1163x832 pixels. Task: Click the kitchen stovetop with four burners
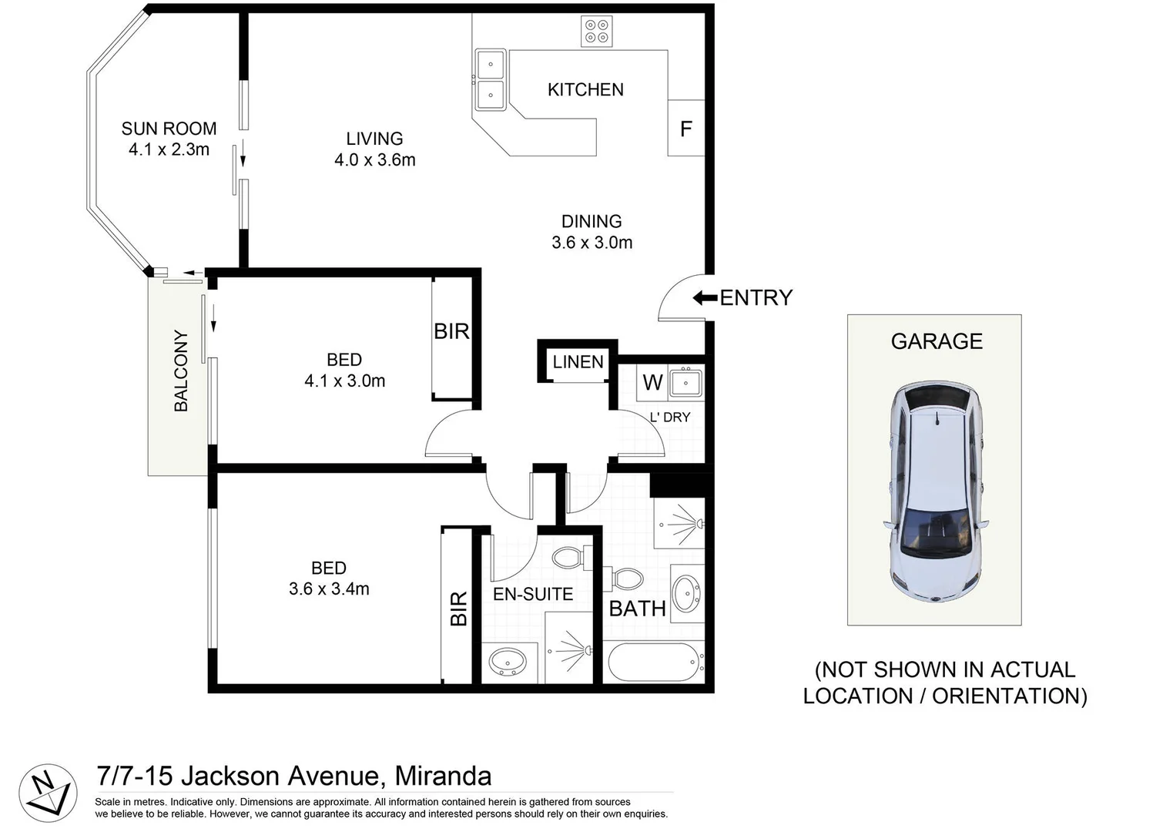coord(597,31)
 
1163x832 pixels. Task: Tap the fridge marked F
coord(685,129)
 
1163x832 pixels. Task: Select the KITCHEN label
coord(585,89)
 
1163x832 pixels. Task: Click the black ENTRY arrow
coord(705,297)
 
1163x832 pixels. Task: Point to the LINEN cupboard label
coord(578,361)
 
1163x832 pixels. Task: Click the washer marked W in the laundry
coord(652,382)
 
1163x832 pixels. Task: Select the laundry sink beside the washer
coord(685,382)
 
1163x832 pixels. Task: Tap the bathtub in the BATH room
coord(654,662)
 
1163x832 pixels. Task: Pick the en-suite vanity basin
coord(508,661)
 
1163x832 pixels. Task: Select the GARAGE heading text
coord(937,341)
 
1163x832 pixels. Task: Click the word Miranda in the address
coord(442,775)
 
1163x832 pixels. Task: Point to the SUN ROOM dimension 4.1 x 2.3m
coord(169,149)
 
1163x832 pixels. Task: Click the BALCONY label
coord(181,371)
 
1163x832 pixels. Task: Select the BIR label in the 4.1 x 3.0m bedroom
coord(451,331)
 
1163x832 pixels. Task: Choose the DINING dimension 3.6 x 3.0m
coord(592,243)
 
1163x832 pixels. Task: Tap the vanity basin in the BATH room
coord(685,593)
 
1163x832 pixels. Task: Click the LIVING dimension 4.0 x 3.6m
coord(374,160)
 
